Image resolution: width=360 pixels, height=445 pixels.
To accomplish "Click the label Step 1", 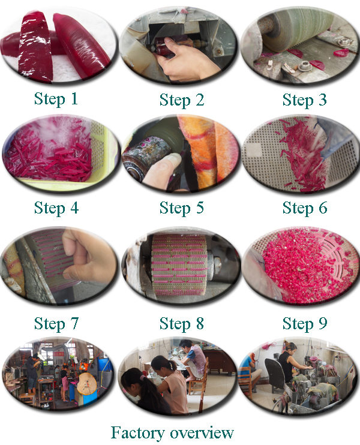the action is click(x=56, y=100).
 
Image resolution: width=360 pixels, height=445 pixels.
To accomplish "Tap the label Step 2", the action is click(x=182, y=100).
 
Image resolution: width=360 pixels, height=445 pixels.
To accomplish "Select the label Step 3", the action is click(x=304, y=100).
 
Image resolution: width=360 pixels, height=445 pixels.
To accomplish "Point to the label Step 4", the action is click(x=56, y=208).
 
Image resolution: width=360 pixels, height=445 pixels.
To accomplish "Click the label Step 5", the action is click(x=182, y=208).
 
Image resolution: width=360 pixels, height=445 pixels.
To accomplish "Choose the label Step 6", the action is click(x=305, y=208).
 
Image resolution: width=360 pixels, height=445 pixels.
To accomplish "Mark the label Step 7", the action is click(x=56, y=323).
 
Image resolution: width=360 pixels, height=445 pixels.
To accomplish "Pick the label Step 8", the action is click(x=182, y=323).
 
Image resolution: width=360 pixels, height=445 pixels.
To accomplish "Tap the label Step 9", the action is click(x=305, y=323).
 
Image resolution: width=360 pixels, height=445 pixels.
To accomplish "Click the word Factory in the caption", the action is click(x=137, y=433).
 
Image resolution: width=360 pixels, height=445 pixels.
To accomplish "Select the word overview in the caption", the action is click(x=202, y=433).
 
